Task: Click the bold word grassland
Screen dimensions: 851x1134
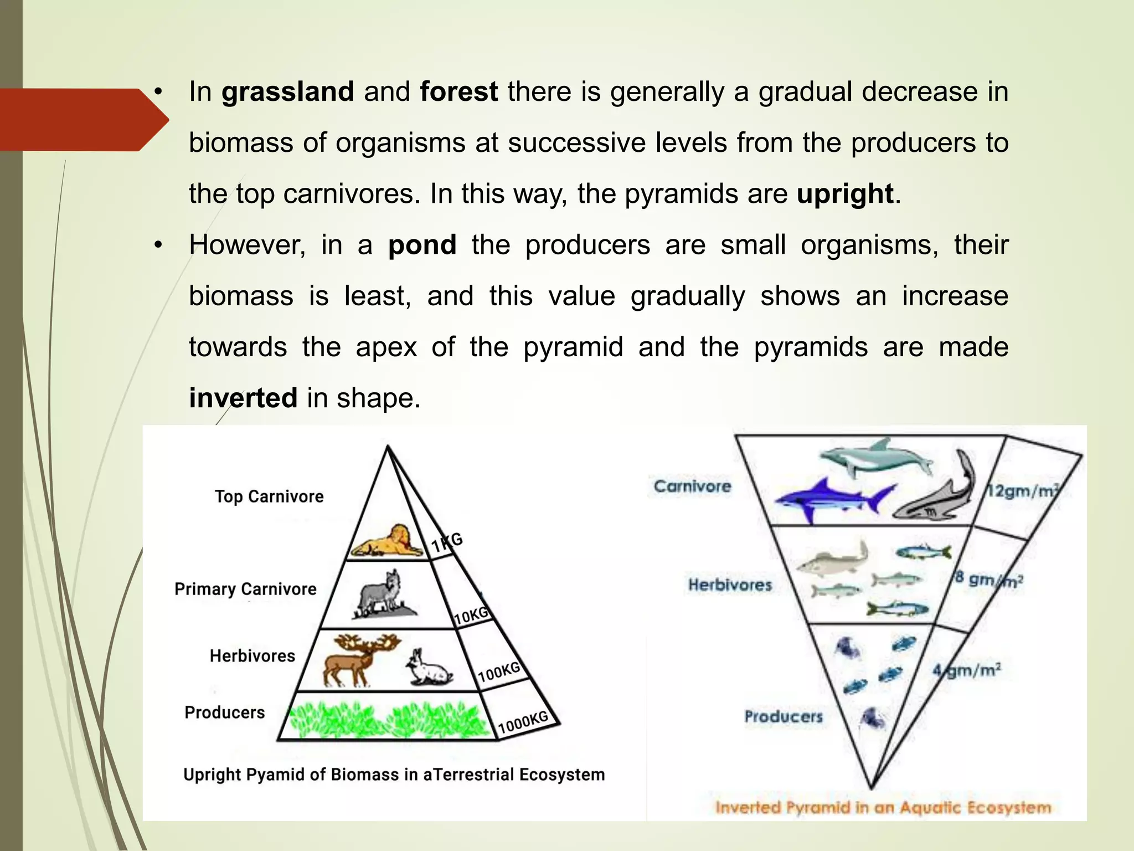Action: tap(287, 92)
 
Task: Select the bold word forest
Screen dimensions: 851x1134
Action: tap(458, 92)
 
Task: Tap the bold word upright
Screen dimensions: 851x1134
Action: tap(845, 194)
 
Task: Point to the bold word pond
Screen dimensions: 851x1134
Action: tap(422, 245)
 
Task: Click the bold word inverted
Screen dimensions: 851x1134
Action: tap(243, 398)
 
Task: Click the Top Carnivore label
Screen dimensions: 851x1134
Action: tap(269, 496)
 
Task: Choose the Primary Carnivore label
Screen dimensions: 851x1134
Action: tap(245, 589)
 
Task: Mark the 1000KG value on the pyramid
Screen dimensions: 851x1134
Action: tap(523, 722)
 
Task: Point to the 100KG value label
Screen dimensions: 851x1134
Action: tap(499, 672)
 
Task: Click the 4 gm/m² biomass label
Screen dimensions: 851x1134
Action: tap(966, 670)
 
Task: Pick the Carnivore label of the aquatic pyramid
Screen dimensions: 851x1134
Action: tap(692, 486)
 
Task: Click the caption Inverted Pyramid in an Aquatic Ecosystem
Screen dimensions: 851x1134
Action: tap(883, 807)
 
